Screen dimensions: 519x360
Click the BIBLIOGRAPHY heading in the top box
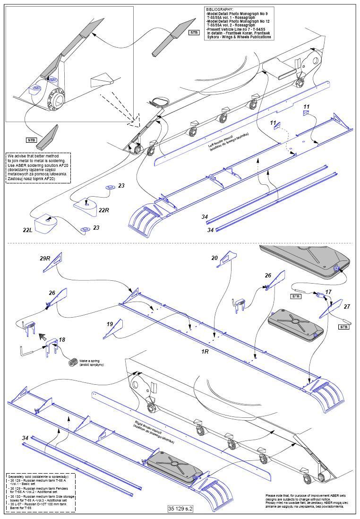tap(220, 9)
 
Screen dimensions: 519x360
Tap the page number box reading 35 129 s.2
tap(180, 509)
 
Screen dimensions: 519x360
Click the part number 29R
tap(45, 258)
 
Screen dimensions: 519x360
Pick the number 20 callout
tap(214, 258)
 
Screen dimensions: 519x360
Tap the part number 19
tap(110, 324)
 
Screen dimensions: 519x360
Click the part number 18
tap(61, 340)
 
